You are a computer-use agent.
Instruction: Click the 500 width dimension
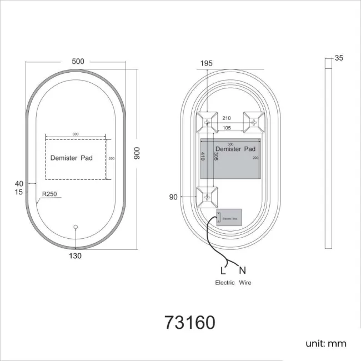point(78,62)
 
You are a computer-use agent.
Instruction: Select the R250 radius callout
point(49,194)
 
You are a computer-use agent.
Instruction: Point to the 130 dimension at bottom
point(76,256)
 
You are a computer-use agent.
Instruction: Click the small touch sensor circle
point(76,227)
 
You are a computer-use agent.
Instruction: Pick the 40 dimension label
point(19,183)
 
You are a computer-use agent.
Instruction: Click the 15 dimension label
point(19,192)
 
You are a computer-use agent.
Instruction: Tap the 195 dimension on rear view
point(206,63)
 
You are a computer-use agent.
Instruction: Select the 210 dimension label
point(227,118)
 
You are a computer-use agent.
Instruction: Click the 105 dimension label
point(227,128)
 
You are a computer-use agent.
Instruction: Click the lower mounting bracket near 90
point(208,197)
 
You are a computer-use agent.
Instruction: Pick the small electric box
point(227,218)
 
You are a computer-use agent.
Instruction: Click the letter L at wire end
point(223,271)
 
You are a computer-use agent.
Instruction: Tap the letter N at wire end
point(242,271)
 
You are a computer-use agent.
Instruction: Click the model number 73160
point(189,322)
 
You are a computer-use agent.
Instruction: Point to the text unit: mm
point(325,343)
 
